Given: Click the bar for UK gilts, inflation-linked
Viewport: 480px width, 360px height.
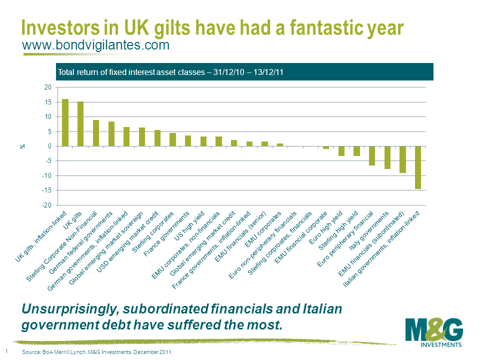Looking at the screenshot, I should [x=65, y=122].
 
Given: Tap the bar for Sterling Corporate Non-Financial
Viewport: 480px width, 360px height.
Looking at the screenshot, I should [x=96, y=133].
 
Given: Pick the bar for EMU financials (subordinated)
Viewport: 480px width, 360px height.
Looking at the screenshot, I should [x=402, y=159].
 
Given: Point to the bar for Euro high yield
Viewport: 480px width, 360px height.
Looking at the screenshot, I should [x=341, y=151].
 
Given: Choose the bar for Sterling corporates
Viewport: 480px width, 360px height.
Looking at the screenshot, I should [x=172, y=139].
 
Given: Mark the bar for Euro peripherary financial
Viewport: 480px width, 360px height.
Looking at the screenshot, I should [x=372, y=155].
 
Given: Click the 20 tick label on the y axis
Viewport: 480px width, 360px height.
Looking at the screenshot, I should [x=48, y=87].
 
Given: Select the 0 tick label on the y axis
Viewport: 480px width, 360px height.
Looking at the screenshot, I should [x=49, y=146].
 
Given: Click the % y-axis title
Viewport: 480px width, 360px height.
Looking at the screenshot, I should [x=22, y=146].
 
